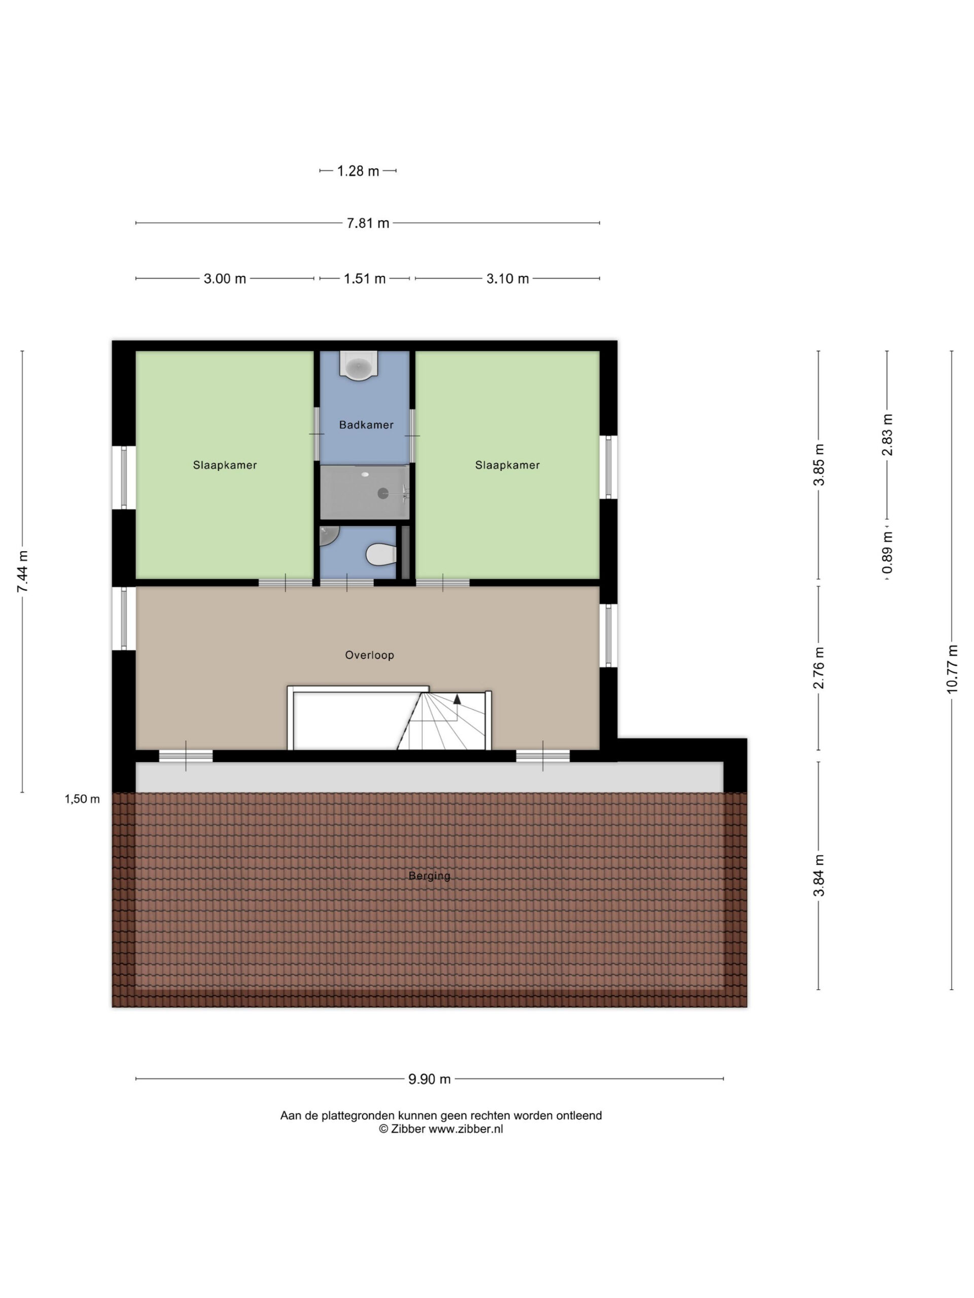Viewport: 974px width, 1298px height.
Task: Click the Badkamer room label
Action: (366, 425)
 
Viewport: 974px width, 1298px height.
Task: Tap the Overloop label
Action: (369, 655)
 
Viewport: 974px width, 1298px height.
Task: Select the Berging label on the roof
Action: (429, 876)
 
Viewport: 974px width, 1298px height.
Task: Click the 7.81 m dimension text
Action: (367, 223)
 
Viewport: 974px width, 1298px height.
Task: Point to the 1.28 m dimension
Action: (358, 171)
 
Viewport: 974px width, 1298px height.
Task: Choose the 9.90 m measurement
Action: (429, 1079)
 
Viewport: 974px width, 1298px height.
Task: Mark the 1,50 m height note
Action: (82, 799)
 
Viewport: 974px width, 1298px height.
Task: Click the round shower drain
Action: (383, 493)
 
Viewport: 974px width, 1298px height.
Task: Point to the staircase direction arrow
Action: (457, 698)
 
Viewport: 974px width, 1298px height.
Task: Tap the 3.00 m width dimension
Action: (224, 279)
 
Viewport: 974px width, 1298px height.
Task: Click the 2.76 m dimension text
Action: (819, 668)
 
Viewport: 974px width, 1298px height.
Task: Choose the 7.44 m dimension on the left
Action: (22, 571)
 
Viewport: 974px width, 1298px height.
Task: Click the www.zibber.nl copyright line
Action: (440, 1129)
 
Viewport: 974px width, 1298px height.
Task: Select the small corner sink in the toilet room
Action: (328, 534)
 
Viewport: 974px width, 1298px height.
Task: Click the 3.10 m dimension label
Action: (507, 279)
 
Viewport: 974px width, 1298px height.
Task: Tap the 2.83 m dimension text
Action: (887, 435)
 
